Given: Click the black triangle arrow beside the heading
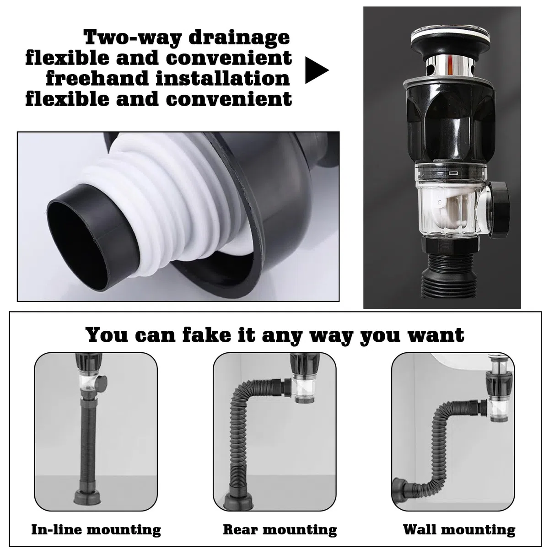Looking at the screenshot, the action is (x=316, y=70).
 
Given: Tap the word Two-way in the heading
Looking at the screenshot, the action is (x=133, y=38).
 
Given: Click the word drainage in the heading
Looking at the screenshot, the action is (x=239, y=38).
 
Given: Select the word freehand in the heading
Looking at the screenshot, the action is (x=97, y=78).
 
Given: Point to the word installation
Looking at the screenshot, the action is (x=223, y=78).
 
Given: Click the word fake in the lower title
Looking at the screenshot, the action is (x=206, y=335).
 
